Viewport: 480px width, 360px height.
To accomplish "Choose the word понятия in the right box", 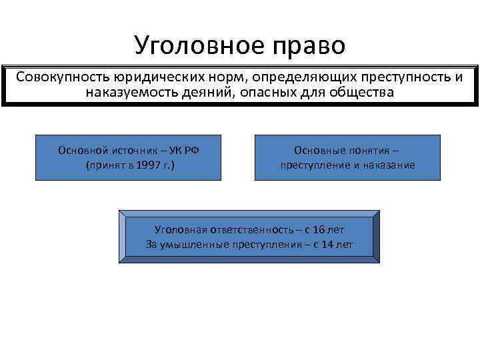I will (373, 150).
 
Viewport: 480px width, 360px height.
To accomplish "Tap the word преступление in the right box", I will (316, 165).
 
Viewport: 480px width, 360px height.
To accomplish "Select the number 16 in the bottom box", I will (319, 229).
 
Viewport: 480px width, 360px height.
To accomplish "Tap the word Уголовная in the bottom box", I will (179, 229).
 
